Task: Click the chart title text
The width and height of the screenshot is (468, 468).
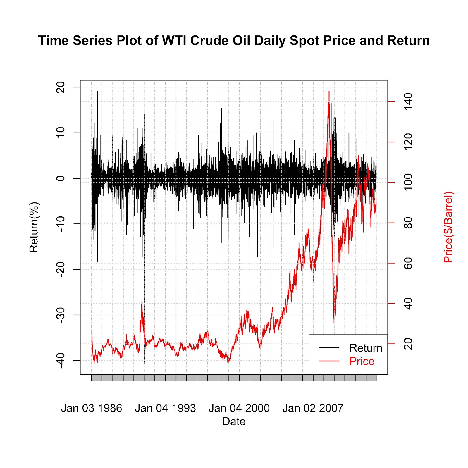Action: (234, 41)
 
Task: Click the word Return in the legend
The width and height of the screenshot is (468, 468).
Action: (366, 348)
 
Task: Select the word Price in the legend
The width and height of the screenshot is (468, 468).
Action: (362, 361)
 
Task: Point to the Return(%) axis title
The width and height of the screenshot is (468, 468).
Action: (34, 227)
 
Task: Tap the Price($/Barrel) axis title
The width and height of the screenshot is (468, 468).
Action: (448, 227)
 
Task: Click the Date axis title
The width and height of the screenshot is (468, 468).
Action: (234, 421)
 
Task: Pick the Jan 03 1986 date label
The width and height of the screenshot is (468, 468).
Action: (91, 408)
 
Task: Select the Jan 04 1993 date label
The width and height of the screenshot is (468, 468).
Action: (165, 408)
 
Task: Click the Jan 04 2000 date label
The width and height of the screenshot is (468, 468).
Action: (239, 408)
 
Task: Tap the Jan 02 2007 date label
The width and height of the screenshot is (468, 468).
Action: (313, 408)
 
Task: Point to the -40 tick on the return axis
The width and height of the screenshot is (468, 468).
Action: (60, 360)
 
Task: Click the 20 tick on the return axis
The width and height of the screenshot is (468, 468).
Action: (60, 87)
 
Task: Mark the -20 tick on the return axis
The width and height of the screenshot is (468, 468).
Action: (60, 269)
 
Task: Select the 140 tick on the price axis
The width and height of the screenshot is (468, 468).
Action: (408, 101)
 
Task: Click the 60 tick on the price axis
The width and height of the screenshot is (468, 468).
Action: (408, 263)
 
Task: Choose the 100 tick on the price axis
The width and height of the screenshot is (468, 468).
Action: (408, 182)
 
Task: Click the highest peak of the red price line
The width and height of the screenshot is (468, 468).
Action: (329, 92)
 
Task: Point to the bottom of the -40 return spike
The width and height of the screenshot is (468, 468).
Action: (144, 363)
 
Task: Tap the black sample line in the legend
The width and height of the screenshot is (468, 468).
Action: (329, 348)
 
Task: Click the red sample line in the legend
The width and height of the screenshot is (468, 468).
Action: (329, 361)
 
